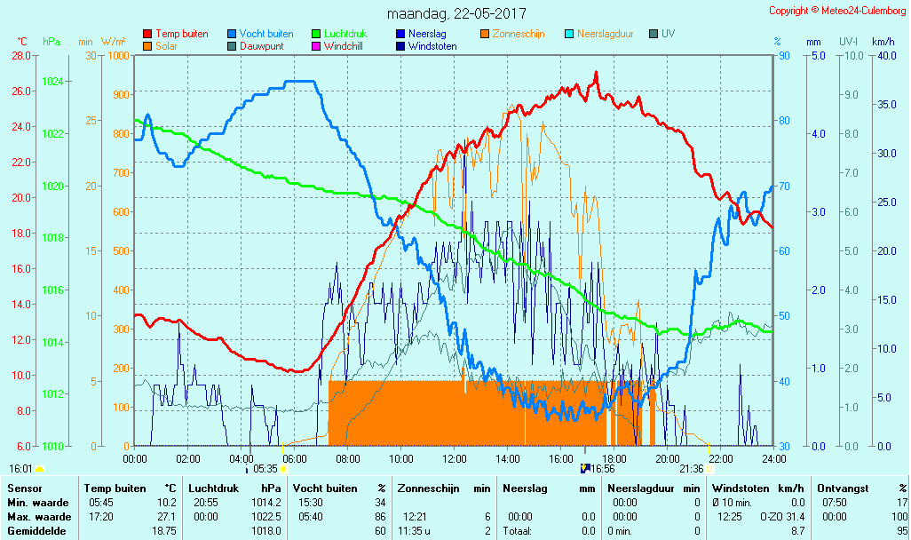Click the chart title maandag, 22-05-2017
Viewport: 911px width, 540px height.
pos(456,14)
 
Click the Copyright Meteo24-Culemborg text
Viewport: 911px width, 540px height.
pos(837,11)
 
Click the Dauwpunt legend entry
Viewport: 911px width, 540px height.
pos(262,46)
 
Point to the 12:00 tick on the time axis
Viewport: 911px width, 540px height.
pos(455,458)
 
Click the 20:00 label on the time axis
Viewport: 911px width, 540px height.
pos(668,458)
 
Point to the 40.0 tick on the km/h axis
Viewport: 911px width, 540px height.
pos(883,56)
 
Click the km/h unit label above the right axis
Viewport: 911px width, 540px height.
pos(883,42)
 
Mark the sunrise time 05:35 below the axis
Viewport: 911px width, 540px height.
pos(265,468)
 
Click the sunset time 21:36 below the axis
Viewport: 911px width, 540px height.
pos(692,468)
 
